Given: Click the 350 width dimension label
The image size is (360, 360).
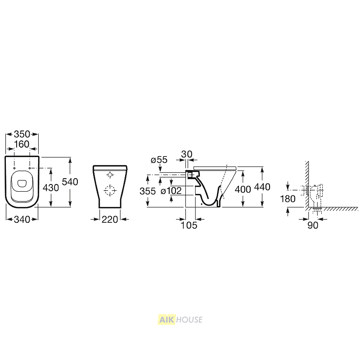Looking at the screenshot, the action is point(22,134).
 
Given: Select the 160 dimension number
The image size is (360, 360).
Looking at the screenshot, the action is point(22,144).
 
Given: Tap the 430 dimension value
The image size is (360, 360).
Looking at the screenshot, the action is point(51,188).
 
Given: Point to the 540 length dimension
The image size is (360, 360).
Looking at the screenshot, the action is point(70,182).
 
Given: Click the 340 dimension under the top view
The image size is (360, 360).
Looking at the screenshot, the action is point(22,220).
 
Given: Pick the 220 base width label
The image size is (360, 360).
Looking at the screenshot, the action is point(110,220).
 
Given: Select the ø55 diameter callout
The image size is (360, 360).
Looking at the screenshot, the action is point(159,160).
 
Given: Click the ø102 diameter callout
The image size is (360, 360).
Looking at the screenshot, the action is point(171,191).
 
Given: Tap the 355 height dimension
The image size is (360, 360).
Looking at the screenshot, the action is point(148,191).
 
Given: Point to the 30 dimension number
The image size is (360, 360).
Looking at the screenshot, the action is point(187,154).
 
